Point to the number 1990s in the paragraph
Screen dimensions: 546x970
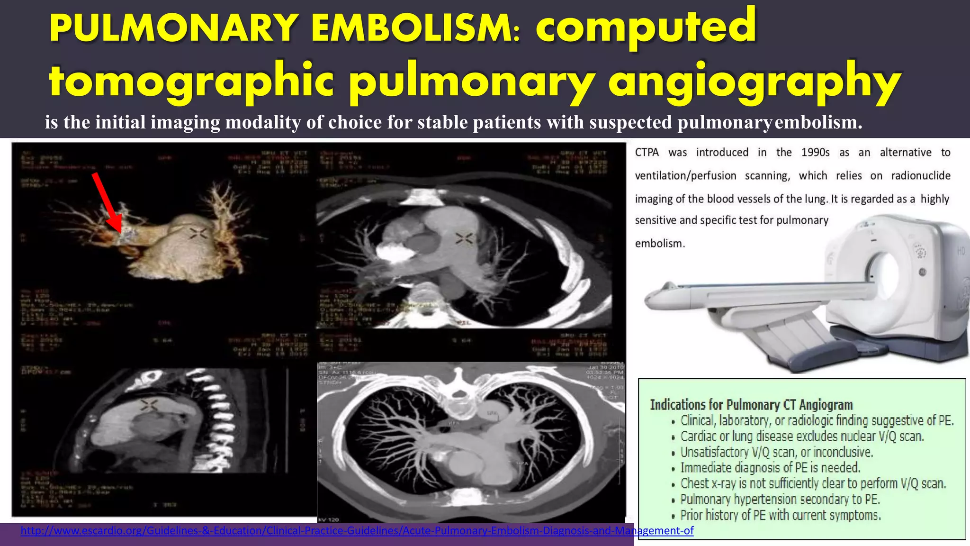815,153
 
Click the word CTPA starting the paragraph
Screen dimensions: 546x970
647,153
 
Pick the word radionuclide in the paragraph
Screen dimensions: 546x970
920,176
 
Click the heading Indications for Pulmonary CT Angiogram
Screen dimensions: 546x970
751,405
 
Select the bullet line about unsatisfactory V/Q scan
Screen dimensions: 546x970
776,452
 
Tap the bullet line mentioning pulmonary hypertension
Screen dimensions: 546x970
780,499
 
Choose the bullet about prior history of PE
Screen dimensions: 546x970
781,515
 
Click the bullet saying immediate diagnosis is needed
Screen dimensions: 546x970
770,468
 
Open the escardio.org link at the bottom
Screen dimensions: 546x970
357,531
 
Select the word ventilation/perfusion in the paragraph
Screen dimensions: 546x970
685,176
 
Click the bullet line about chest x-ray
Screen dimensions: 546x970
813,483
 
